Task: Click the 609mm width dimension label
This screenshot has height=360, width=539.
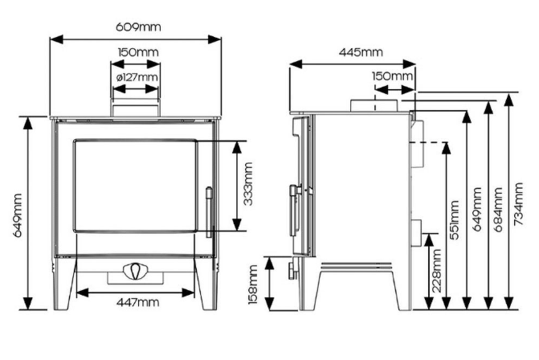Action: pyautogui.click(x=138, y=27)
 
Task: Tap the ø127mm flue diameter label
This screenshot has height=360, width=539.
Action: pyautogui.click(x=137, y=77)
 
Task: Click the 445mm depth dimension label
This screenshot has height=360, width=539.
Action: pyautogui.click(x=360, y=52)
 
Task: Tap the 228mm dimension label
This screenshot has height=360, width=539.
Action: pyautogui.click(x=436, y=269)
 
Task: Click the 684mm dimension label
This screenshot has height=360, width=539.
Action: pyautogui.click(x=498, y=209)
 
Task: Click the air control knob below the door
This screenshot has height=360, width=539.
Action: pyautogui.click(x=135, y=271)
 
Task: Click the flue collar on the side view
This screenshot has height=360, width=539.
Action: pyautogui.click(x=373, y=107)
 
